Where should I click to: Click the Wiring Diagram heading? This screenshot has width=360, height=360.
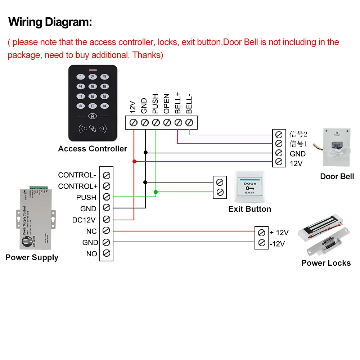[50, 22]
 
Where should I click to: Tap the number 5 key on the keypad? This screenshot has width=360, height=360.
[93, 86]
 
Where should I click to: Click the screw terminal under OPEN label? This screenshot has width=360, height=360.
[167, 122]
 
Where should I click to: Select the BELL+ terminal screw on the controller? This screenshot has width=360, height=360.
[178, 122]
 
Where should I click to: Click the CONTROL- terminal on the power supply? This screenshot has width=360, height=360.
[106, 175]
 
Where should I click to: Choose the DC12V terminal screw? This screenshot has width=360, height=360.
[106, 219]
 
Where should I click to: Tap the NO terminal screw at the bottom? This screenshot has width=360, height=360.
[106, 253]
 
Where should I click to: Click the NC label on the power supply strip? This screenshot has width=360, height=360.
[91, 231]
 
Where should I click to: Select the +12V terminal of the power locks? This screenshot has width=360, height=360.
[262, 232]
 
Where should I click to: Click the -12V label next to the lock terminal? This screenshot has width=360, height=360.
[277, 244]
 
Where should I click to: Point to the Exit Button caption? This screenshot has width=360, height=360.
[249, 209]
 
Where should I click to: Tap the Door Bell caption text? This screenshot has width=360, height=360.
[337, 176]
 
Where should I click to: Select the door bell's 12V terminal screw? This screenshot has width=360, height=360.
[278, 162]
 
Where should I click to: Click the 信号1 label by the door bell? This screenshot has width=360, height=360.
[298, 144]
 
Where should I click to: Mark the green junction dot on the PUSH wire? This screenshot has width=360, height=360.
[156, 192]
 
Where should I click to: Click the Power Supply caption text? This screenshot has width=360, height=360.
[32, 258]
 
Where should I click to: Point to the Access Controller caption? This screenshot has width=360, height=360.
[93, 149]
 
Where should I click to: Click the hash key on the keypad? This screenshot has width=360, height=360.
[104, 106]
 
